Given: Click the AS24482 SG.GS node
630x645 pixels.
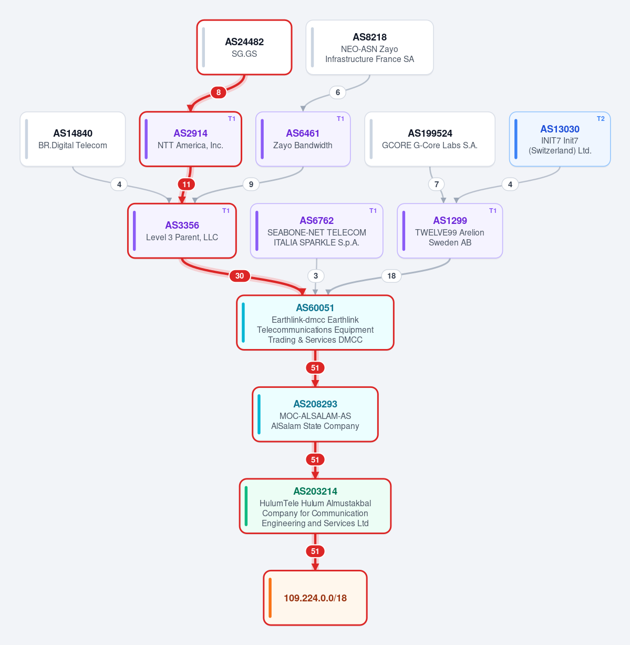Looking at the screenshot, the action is tap(244, 47).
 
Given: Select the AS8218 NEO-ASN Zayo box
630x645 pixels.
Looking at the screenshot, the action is tap(369, 47).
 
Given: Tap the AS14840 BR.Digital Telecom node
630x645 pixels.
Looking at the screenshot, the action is tap(73, 139).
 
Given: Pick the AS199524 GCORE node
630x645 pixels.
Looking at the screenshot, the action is tap(430, 139).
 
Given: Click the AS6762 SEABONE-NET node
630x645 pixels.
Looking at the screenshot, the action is tap(316, 231).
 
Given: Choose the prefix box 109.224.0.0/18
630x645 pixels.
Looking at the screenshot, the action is tap(315, 598).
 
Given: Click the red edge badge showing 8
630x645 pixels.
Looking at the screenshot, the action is tap(218, 93).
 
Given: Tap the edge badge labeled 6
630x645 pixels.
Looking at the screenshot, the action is tap(337, 93).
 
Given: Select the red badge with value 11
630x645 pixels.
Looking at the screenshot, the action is tap(187, 185).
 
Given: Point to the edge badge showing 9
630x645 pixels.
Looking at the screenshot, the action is tap(251, 185).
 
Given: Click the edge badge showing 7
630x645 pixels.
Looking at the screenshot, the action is tap(437, 185).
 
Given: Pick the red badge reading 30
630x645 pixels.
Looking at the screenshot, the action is tap(240, 276).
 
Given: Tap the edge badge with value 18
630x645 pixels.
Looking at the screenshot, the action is tap(391, 276).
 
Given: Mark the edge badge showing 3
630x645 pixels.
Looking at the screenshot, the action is tap(316, 276).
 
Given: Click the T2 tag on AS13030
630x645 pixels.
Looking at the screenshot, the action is tap(601, 119).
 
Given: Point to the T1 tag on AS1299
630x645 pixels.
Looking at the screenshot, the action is tap(492, 211).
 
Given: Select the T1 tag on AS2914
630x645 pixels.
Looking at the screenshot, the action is tap(232, 119).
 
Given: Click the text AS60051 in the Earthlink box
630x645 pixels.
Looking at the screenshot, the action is tap(315, 308).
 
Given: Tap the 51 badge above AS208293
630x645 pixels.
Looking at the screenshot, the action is tap(315, 368).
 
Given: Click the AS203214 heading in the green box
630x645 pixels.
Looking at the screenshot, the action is tap(315, 491).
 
